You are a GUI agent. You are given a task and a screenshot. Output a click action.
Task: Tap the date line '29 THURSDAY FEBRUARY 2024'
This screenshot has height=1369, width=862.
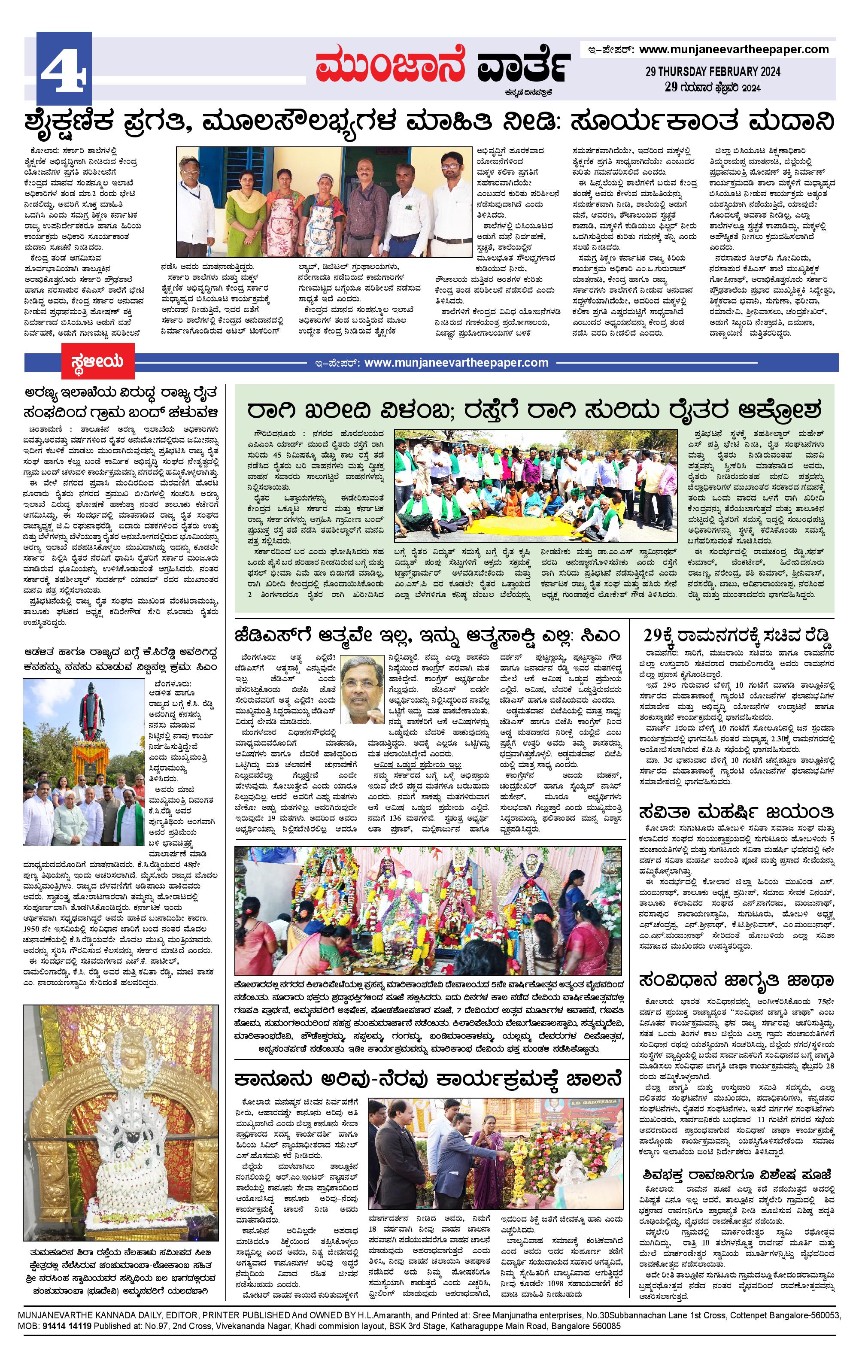[713, 72]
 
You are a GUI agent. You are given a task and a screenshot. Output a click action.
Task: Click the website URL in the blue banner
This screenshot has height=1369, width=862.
[456, 362]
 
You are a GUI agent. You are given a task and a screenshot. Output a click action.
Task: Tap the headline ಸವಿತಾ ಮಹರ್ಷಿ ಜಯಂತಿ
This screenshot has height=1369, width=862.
[736, 810]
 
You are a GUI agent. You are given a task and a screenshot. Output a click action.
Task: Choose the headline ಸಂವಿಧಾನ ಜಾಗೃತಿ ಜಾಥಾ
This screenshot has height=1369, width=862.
[736, 980]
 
